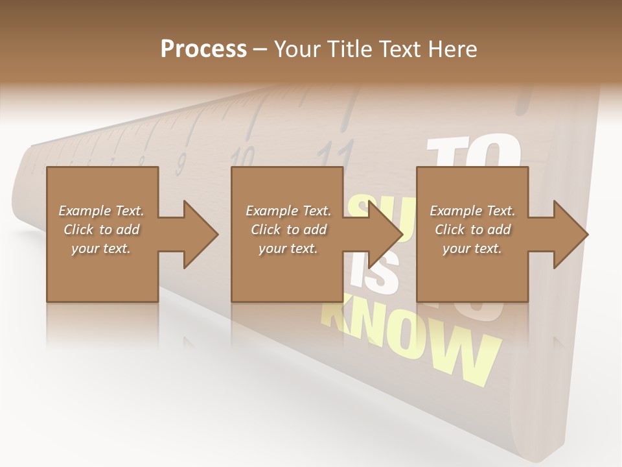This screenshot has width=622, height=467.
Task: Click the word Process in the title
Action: [203, 49]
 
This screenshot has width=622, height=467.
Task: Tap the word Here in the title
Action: [452, 49]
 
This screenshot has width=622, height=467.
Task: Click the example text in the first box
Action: [101, 230]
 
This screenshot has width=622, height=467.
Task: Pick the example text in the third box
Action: [472, 230]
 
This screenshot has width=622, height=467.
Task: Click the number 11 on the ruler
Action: [336, 154]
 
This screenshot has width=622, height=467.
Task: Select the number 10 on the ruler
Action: [243, 156]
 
